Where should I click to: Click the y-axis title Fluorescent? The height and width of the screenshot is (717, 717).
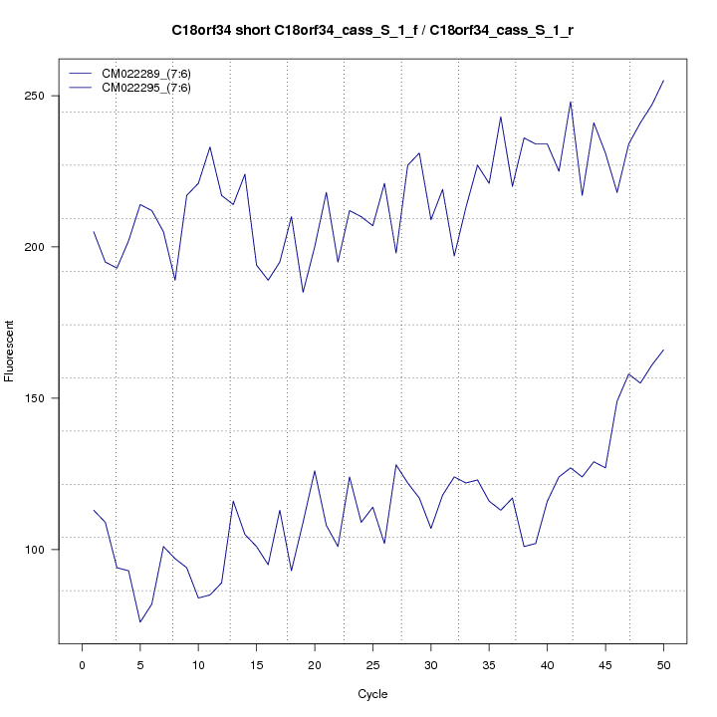pyautogui.click(x=11, y=351)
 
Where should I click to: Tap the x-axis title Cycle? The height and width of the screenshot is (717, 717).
pyautogui.click(x=372, y=694)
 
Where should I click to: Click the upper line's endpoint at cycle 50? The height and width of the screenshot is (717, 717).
pyautogui.click(x=663, y=81)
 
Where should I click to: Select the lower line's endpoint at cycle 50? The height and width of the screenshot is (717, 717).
pyautogui.click(x=663, y=351)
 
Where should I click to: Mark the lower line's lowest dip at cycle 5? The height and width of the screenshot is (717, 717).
pyautogui.click(x=139, y=622)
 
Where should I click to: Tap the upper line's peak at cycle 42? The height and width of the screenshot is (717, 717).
pyautogui.click(x=571, y=102)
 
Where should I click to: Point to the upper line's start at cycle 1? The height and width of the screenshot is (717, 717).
pyautogui.click(x=94, y=232)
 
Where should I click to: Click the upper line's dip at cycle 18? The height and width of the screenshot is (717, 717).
pyautogui.click(x=303, y=292)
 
